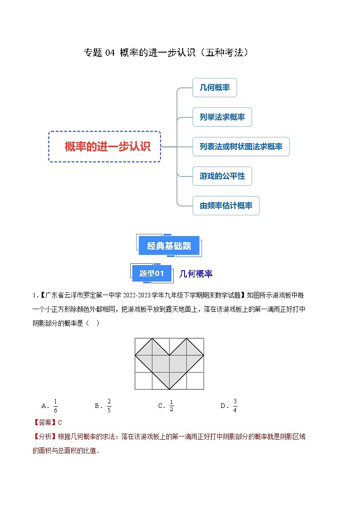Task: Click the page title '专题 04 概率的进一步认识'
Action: click(166, 53)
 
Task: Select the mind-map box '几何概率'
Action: click(214, 87)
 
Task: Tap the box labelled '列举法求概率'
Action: click(222, 117)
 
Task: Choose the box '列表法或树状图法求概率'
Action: click(241, 147)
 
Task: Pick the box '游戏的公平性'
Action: click(222, 176)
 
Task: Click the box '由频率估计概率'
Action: click(226, 206)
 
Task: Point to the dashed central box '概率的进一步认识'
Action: click(105, 146)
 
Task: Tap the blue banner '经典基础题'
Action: click(169, 246)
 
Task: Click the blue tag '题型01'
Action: click(151, 273)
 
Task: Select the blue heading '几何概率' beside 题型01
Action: click(196, 274)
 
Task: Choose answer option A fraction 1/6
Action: click(55, 406)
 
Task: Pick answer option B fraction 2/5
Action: click(109, 406)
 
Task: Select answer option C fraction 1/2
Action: click(171, 406)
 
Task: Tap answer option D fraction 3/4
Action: click(235, 406)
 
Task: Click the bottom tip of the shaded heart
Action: click(169, 389)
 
